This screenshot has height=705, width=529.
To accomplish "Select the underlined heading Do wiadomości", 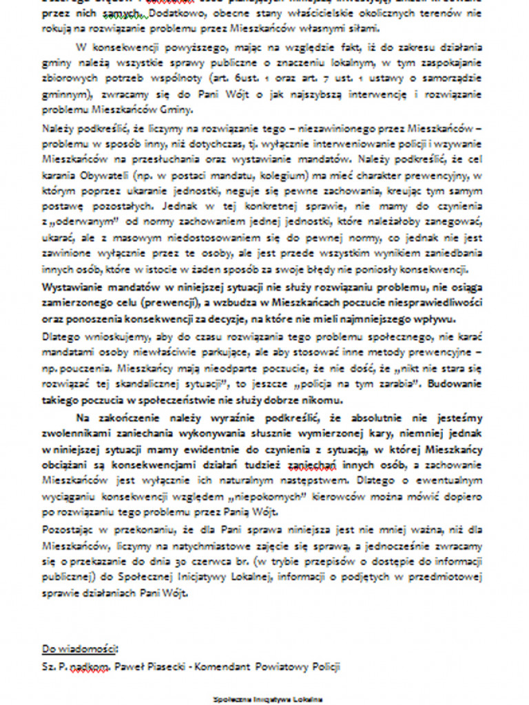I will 79,649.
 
